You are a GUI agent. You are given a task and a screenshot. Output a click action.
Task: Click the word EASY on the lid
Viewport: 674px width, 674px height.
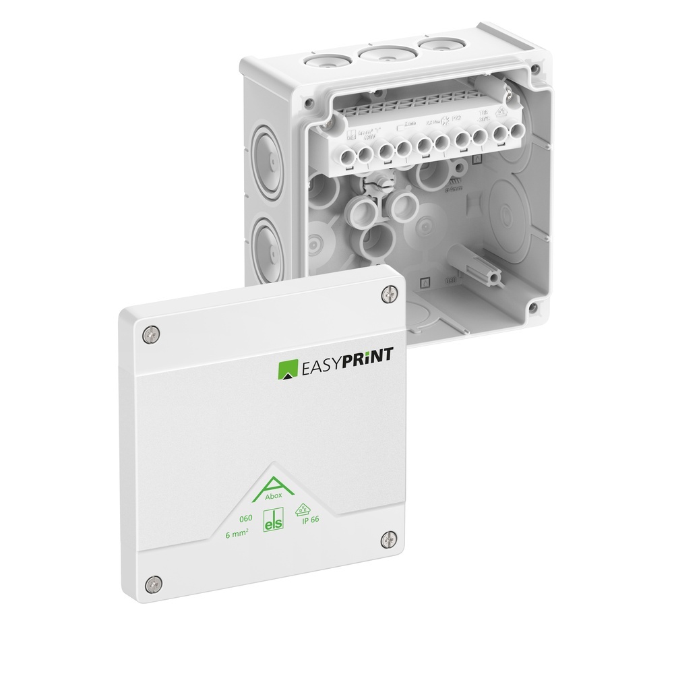[x=324, y=369]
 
